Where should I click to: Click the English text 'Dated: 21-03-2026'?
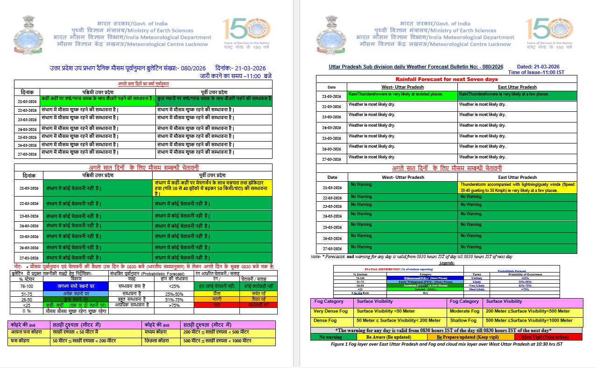coord(538,67)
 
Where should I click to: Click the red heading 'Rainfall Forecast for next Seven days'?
coord(447,80)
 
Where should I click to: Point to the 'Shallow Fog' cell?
coord(464,320)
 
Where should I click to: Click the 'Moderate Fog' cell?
coord(465,311)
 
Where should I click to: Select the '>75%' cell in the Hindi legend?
coord(175,305)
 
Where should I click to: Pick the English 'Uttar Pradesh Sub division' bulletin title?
coord(416,67)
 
